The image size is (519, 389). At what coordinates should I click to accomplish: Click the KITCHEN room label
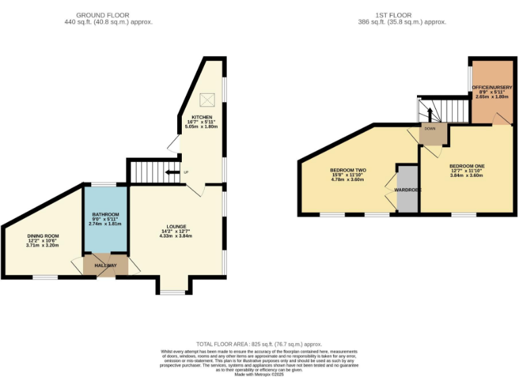(201, 117)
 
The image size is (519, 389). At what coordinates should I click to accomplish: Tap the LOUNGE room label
(177, 226)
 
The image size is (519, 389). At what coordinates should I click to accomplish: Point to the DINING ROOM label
(43, 236)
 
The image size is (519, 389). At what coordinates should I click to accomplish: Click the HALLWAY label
(105, 265)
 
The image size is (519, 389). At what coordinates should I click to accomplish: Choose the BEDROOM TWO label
(347, 170)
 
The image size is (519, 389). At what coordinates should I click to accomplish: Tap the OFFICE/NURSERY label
(491, 88)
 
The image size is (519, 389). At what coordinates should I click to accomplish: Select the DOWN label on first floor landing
(430, 128)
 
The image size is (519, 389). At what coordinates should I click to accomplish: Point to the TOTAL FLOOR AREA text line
(259, 344)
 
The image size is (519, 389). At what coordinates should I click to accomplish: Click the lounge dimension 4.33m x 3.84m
(174, 236)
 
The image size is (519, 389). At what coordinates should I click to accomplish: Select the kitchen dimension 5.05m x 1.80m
(201, 127)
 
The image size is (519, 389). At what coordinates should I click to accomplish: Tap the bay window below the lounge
(172, 292)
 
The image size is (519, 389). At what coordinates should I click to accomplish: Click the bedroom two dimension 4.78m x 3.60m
(347, 180)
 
